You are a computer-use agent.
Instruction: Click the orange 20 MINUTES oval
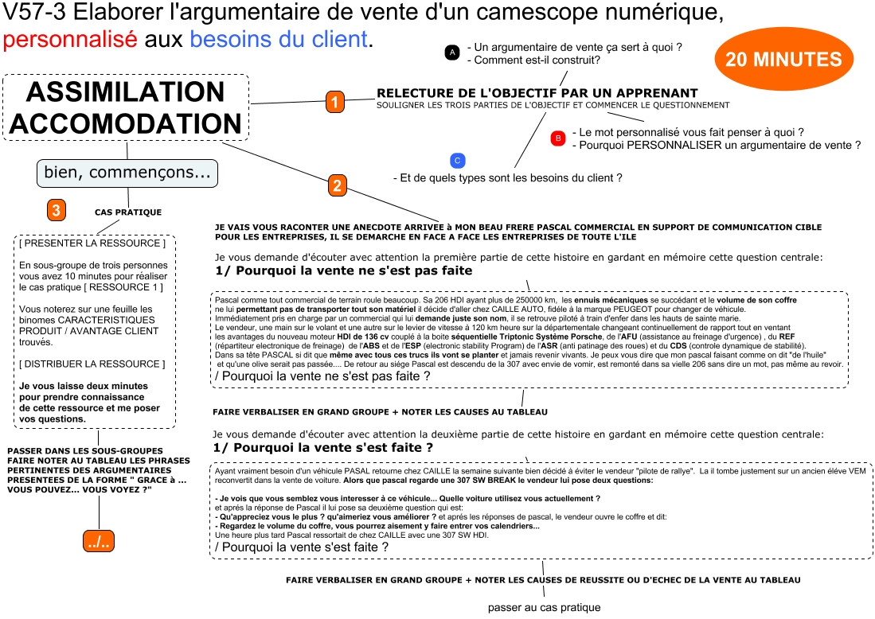pyautogui.click(x=783, y=60)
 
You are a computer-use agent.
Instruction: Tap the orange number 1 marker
pyautogui.click(x=335, y=102)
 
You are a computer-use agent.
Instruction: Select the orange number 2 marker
pyautogui.click(x=337, y=186)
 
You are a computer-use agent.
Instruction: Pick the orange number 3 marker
pyautogui.click(x=56, y=210)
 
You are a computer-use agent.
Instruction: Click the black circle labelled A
pyautogui.click(x=452, y=53)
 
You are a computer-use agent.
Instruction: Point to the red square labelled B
pyautogui.click(x=558, y=138)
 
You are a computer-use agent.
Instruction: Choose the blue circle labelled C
pyautogui.click(x=456, y=160)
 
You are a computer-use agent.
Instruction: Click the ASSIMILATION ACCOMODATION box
pyautogui.click(x=126, y=107)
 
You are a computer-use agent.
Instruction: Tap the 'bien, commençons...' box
pyautogui.click(x=127, y=173)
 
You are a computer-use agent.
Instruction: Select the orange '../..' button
pyautogui.click(x=100, y=541)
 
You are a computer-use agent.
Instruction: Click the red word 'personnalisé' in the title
pyautogui.click(x=70, y=39)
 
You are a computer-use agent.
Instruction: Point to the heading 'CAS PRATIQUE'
pyautogui.click(x=127, y=212)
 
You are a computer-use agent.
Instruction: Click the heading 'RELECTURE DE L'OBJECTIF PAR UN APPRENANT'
pyautogui.click(x=537, y=93)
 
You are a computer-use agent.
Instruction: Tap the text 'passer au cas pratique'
pyautogui.click(x=544, y=607)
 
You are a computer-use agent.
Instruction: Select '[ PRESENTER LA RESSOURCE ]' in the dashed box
pyautogui.click(x=92, y=243)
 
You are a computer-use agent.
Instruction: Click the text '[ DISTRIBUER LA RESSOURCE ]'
pyautogui.click(x=92, y=364)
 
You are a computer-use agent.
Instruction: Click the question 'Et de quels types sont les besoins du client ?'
pyautogui.click(x=507, y=178)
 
